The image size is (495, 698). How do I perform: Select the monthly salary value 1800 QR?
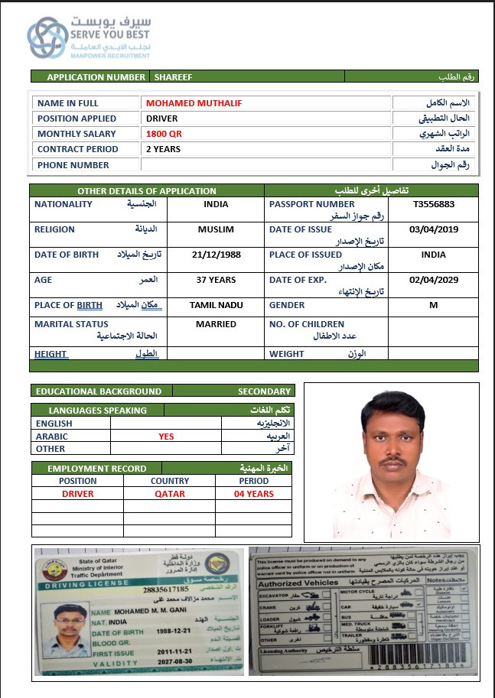point(164,134)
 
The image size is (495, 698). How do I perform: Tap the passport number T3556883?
point(433,204)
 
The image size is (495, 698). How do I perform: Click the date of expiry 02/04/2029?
point(433,280)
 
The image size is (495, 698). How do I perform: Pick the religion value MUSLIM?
point(216,229)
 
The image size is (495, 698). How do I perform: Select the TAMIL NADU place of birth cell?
point(216,305)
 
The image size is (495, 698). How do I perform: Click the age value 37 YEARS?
point(216,280)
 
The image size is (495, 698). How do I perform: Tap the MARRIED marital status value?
point(216,324)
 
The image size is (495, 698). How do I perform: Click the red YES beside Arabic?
point(166,437)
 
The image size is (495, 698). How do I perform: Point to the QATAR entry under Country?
point(169,494)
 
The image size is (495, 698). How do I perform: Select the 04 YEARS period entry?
point(253,494)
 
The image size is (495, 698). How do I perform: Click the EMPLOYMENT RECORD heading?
point(86,468)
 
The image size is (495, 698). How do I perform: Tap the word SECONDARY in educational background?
point(264,391)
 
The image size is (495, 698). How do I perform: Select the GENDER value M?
point(433,305)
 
